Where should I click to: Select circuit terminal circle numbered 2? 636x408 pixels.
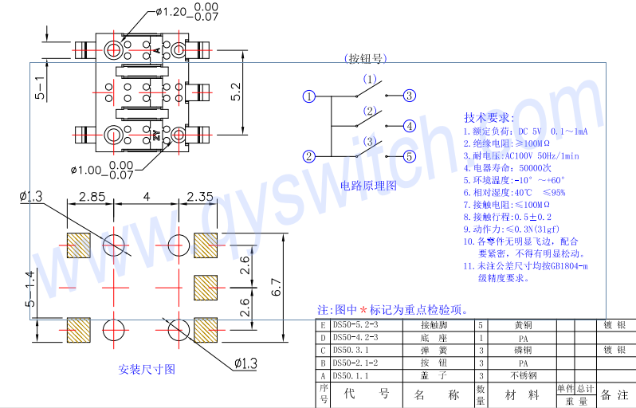309,156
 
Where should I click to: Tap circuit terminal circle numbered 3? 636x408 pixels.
409,96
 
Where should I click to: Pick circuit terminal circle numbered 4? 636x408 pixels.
409,126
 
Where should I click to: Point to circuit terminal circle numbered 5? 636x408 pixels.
409,156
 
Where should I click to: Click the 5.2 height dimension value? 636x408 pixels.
235,92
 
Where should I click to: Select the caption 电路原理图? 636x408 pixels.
367,186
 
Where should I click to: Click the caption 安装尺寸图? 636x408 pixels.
147,369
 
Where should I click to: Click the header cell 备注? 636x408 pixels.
614,394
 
